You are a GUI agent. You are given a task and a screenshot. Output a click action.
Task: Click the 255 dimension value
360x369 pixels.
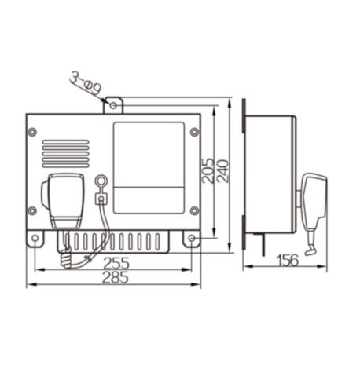tap(116, 263)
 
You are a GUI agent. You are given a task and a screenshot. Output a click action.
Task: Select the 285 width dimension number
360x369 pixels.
tap(116, 278)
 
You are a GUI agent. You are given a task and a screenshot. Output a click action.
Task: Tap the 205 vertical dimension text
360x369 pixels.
tap(208, 170)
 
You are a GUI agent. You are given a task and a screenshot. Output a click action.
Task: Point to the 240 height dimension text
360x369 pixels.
tap(223, 171)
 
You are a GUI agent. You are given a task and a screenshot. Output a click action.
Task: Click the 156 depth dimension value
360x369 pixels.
tap(288, 261)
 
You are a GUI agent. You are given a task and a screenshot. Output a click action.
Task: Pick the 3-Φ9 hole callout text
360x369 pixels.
tap(86, 84)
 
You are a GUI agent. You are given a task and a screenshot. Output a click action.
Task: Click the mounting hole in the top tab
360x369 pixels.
tap(113, 105)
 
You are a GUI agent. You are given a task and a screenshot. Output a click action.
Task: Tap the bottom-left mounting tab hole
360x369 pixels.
tap(35, 239)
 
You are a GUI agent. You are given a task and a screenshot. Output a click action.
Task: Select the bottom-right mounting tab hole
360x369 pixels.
tap(192, 238)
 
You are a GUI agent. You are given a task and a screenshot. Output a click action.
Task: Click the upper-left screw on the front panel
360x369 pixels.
tap(32, 132)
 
